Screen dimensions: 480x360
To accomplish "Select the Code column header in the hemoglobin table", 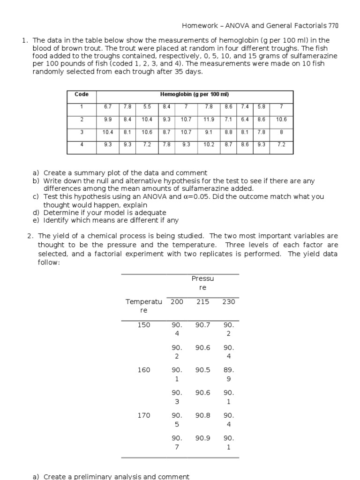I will [x=82, y=94].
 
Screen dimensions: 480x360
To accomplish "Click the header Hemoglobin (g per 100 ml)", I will [x=195, y=94].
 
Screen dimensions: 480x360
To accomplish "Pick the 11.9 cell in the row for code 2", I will [x=209, y=120].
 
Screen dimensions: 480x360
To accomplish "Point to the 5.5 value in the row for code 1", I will [x=147, y=107].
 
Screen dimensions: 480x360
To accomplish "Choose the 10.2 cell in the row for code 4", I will [x=209, y=145].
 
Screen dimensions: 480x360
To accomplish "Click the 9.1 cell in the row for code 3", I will [x=209, y=132].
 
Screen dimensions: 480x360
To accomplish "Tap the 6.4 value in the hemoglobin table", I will [x=245, y=120].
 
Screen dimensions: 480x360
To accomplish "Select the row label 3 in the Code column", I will [x=82, y=132].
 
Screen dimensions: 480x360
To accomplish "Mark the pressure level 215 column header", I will [x=202, y=302].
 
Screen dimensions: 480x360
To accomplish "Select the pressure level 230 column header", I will [x=228, y=302].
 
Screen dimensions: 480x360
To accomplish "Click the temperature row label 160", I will [x=144, y=370].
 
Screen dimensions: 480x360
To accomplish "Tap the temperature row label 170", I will [x=144, y=415].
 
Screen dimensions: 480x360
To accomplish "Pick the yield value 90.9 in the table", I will [x=202, y=438].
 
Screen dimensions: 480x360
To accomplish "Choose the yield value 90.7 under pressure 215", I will [x=202, y=325].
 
